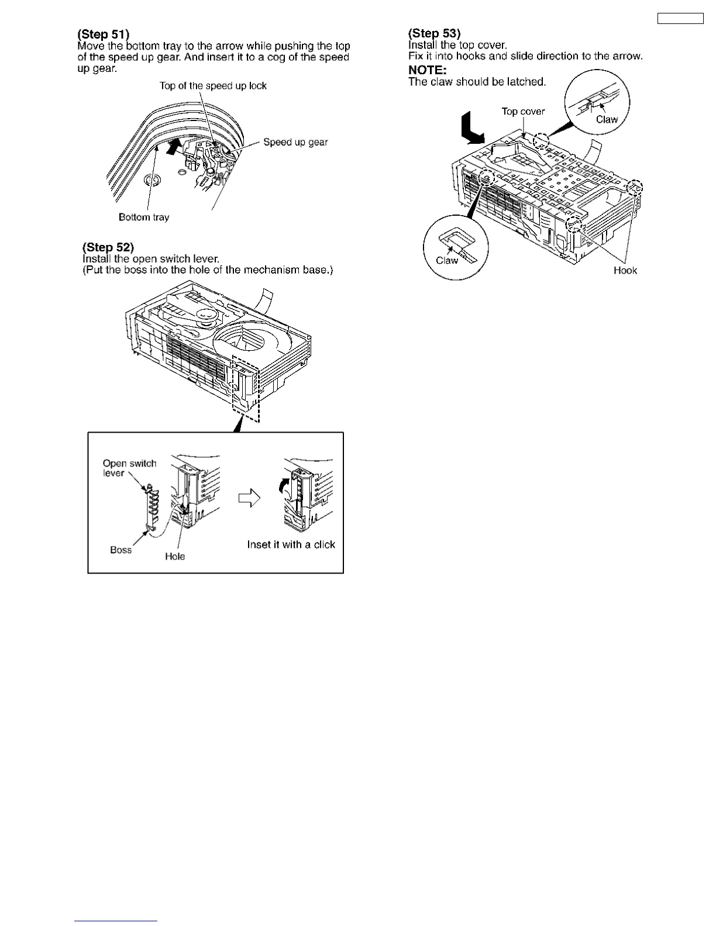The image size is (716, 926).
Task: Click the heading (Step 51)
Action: point(104,34)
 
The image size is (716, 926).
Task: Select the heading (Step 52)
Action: point(108,247)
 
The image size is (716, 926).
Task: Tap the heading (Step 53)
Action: point(434,33)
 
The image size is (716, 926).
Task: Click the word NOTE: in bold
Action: point(428,71)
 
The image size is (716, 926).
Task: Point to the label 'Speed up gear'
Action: point(295,142)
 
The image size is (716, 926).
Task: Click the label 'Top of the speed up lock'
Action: point(213,86)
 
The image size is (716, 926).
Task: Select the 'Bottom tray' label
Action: point(144,217)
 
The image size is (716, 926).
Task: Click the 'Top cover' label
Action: point(523,111)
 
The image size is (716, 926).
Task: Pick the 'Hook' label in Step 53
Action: point(625,270)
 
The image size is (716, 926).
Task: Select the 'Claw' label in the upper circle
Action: point(607,119)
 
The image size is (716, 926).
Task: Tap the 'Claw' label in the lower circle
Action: point(447,260)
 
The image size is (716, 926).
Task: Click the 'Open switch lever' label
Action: point(129,468)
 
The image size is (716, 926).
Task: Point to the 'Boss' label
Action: point(121,550)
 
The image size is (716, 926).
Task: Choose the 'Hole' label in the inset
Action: point(175,557)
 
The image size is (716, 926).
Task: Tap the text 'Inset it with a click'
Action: point(291,545)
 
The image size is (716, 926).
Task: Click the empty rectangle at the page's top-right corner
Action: point(680,18)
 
